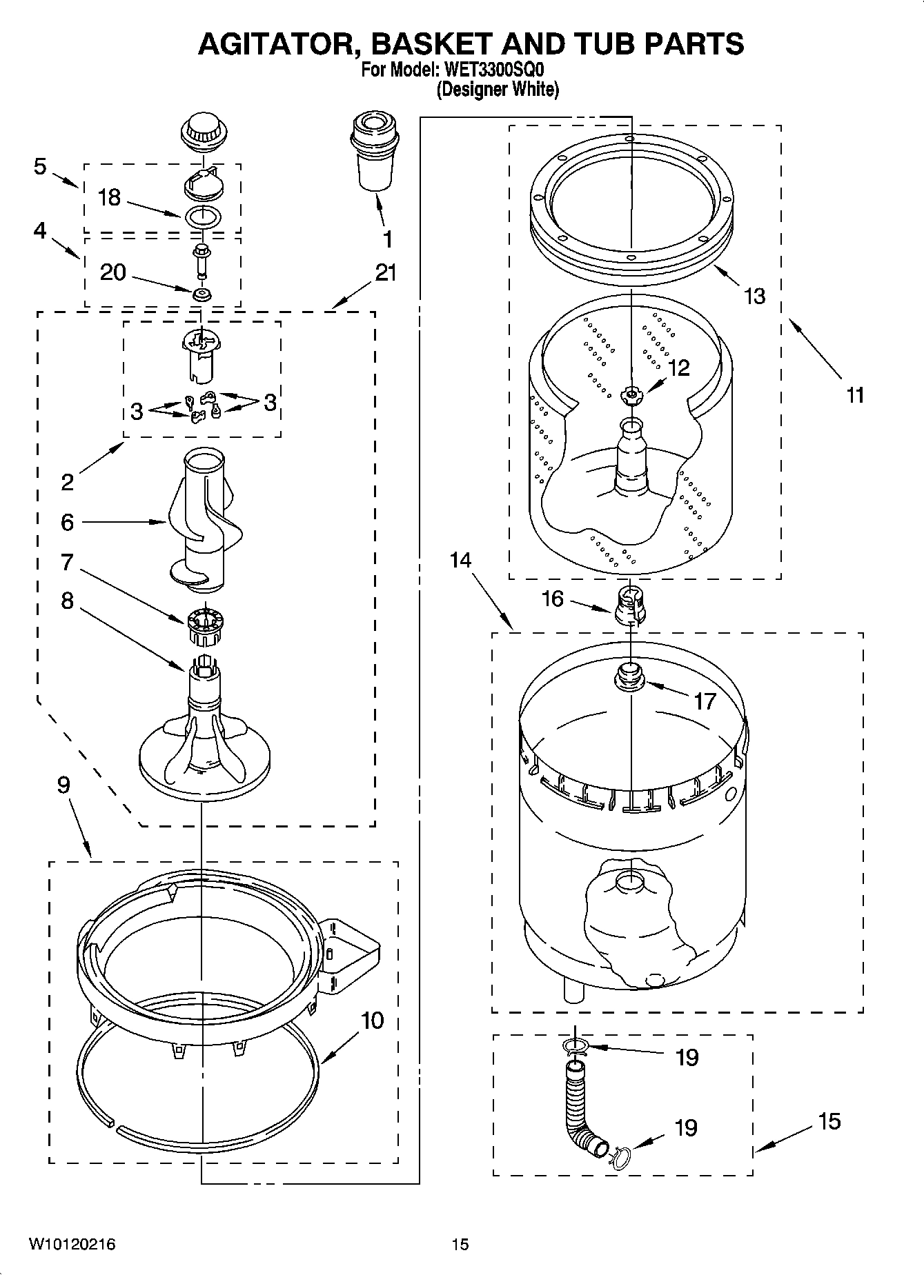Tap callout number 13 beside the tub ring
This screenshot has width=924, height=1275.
pos(754,297)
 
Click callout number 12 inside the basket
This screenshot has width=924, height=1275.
pos(679,368)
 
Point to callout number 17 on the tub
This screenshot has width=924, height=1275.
pos(705,701)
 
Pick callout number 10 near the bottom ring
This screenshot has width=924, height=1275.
pos(372,1021)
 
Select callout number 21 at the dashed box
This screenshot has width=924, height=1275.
pos(386,273)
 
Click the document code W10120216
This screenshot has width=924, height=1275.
pos(72,1244)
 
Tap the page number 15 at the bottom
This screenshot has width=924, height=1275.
pos(460,1244)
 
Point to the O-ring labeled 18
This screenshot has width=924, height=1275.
pos(203,217)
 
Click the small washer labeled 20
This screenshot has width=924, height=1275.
pos(202,294)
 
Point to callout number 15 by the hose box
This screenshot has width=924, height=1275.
pos(829,1121)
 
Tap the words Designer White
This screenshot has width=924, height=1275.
pos(497,90)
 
